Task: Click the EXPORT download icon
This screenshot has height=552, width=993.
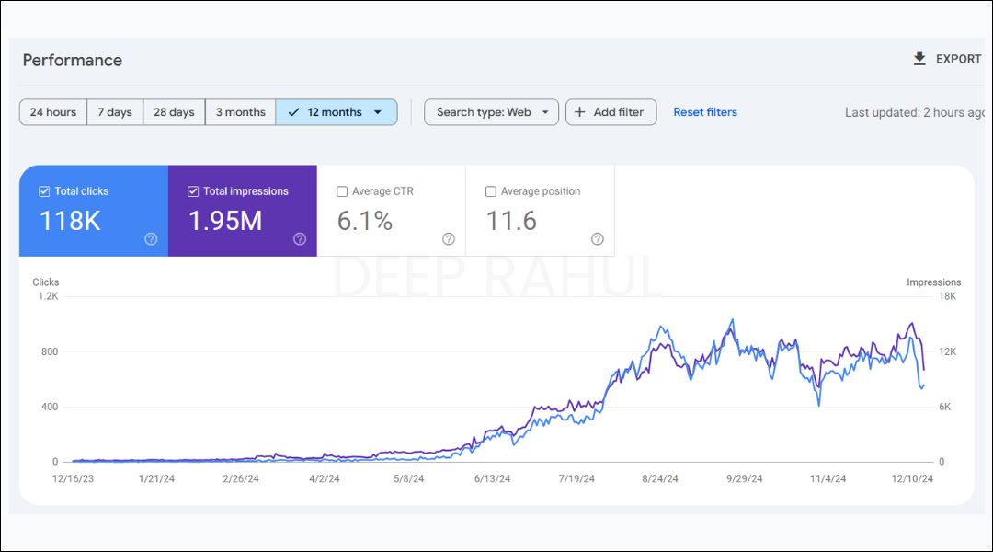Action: (x=919, y=59)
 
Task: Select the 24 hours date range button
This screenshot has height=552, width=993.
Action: (x=53, y=112)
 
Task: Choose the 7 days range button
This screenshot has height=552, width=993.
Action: (x=115, y=112)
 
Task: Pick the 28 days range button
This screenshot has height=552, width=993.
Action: (x=174, y=112)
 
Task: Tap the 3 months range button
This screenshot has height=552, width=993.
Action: (x=240, y=112)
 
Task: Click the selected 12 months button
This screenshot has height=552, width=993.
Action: (x=336, y=112)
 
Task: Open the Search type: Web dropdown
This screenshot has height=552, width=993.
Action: (x=491, y=112)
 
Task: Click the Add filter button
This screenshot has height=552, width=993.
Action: (x=611, y=112)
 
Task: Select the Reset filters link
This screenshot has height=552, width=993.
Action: (x=705, y=112)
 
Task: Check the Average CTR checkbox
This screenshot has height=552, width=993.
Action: (x=342, y=191)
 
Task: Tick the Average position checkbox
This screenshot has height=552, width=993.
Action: (x=491, y=191)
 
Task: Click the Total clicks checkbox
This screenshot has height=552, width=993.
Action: (x=44, y=191)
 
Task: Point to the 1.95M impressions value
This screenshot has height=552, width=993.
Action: (x=225, y=221)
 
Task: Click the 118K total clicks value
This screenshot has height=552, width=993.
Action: (x=70, y=221)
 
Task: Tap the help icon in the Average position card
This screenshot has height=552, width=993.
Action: (x=598, y=239)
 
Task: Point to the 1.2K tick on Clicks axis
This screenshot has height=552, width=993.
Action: (x=48, y=296)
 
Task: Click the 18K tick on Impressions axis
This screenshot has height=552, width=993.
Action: (x=947, y=296)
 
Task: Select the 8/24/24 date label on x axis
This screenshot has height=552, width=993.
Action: (x=660, y=478)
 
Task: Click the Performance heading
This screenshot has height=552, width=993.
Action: (x=73, y=60)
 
